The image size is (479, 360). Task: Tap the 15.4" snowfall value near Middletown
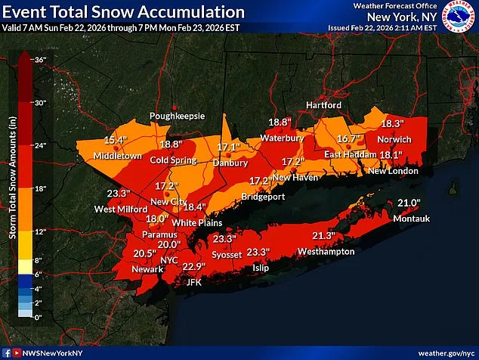[x=115, y=140]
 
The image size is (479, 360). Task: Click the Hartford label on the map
[x=323, y=105]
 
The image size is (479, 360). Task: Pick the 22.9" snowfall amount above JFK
[x=194, y=266]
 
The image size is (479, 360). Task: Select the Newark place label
[x=147, y=269]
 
